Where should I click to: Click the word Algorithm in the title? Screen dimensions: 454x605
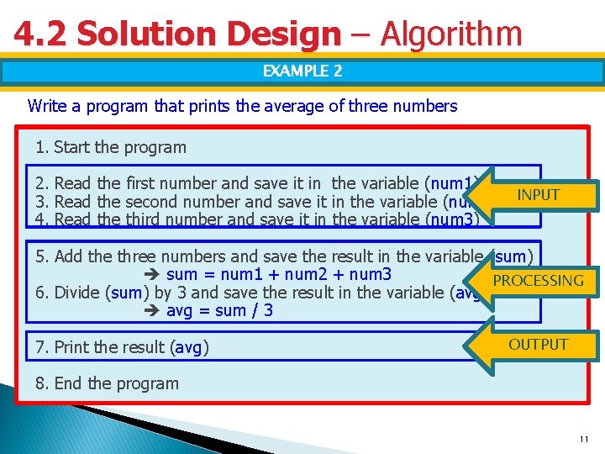[451, 34]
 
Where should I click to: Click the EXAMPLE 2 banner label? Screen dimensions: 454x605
[302, 71]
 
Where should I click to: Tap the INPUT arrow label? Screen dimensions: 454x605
[539, 195]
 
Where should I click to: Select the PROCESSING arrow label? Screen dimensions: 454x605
[539, 281]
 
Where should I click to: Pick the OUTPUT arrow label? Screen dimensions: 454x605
[539, 345]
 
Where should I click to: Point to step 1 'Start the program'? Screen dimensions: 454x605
[111, 147]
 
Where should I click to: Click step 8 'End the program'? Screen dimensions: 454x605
[108, 383]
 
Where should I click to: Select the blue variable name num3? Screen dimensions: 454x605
[453, 220]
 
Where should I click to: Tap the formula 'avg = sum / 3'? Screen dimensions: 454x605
[219, 311]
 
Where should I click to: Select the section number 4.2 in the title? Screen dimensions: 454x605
[41, 34]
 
